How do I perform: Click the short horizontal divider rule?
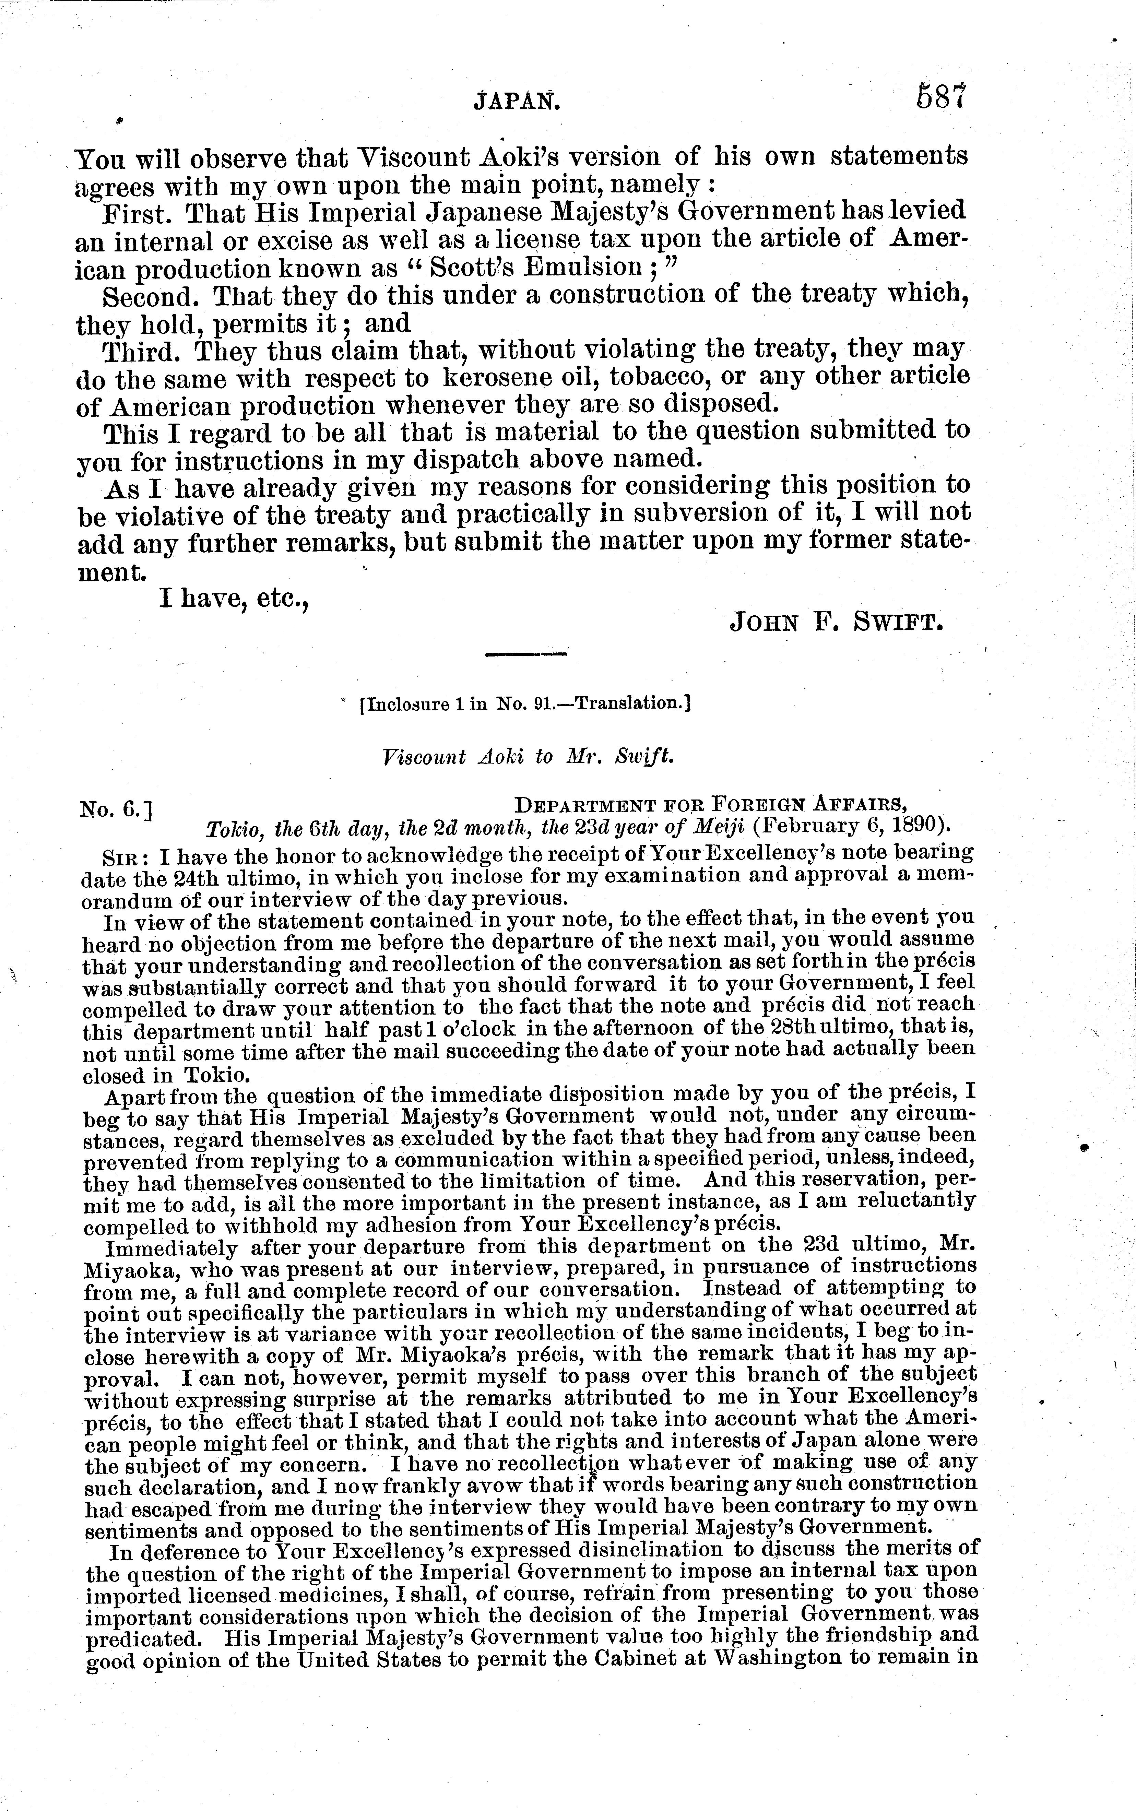(x=526, y=656)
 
